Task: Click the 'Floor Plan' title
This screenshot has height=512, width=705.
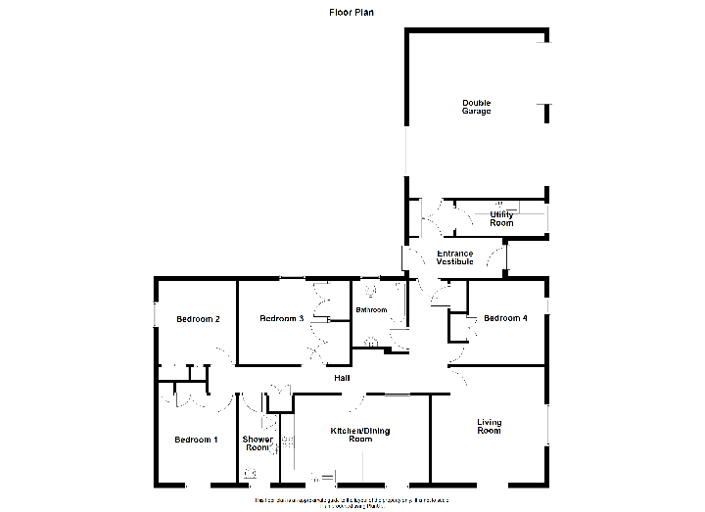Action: pyautogui.click(x=351, y=13)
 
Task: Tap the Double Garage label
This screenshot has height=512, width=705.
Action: pyautogui.click(x=477, y=107)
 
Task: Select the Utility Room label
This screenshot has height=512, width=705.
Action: pyautogui.click(x=501, y=218)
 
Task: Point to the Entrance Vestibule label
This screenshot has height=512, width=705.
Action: pyautogui.click(x=454, y=257)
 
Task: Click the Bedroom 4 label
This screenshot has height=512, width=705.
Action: pyautogui.click(x=505, y=317)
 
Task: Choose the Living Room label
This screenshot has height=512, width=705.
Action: pyautogui.click(x=489, y=427)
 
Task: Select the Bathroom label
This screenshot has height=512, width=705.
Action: pyautogui.click(x=371, y=310)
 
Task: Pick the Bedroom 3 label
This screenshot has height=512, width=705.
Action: pyautogui.click(x=281, y=319)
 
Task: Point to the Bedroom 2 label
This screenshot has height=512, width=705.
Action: pyautogui.click(x=197, y=319)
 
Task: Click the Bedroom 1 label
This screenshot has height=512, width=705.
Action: pyautogui.click(x=196, y=440)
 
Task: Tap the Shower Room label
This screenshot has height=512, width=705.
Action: pyautogui.click(x=258, y=443)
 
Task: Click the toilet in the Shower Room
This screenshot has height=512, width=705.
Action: pyautogui.click(x=251, y=474)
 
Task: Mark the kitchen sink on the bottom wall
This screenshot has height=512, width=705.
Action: pyautogui.click(x=323, y=478)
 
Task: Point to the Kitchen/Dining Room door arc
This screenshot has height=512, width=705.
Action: pyautogui.click(x=359, y=398)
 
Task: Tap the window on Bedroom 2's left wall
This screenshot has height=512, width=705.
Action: pyautogui.click(x=155, y=313)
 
